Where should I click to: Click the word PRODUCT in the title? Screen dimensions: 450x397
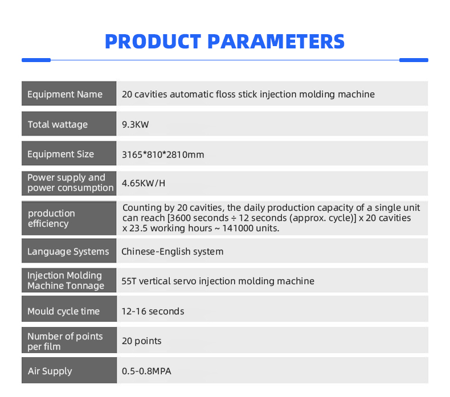click(153, 42)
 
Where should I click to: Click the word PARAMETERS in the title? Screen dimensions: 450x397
click(276, 42)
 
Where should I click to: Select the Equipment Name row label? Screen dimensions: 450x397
click(65, 95)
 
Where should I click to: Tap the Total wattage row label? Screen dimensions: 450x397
click(58, 125)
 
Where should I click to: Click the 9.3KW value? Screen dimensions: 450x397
click(136, 125)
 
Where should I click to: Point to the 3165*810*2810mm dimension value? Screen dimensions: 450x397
click(163, 155)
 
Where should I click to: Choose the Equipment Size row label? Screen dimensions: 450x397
click(60, 154)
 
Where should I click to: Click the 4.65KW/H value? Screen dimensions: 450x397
click(144, 183)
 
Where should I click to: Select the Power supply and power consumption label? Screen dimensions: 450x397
click(70, 183)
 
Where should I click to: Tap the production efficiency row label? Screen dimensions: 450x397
click(51, 219)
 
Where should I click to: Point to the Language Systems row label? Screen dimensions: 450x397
click(68, 252)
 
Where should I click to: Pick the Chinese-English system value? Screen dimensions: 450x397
click(172, 251)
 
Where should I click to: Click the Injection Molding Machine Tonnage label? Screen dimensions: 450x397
click(66, 280)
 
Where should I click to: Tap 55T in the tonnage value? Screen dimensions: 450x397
click(129, 281)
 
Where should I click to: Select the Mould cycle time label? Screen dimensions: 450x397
click(63, 312)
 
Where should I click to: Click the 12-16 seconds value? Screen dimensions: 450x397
click(153, 312)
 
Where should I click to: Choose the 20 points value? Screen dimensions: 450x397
click(141, 341)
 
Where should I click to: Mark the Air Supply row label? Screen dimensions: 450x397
click(50, 371)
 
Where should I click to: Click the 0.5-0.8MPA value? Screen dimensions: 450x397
click(146, 371)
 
